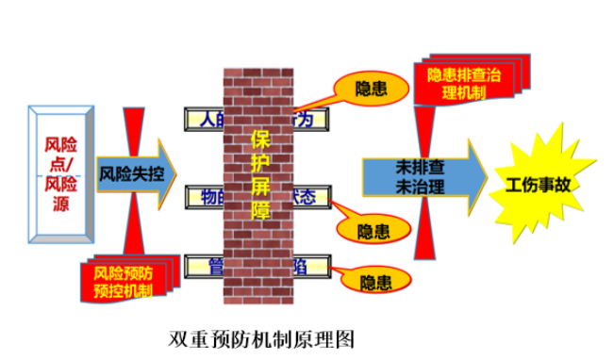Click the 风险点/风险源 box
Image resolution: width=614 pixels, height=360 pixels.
61,174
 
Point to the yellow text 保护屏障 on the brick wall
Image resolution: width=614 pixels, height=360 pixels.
260,175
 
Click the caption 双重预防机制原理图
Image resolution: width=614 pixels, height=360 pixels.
261,337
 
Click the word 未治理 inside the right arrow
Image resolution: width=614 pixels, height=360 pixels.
416,185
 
